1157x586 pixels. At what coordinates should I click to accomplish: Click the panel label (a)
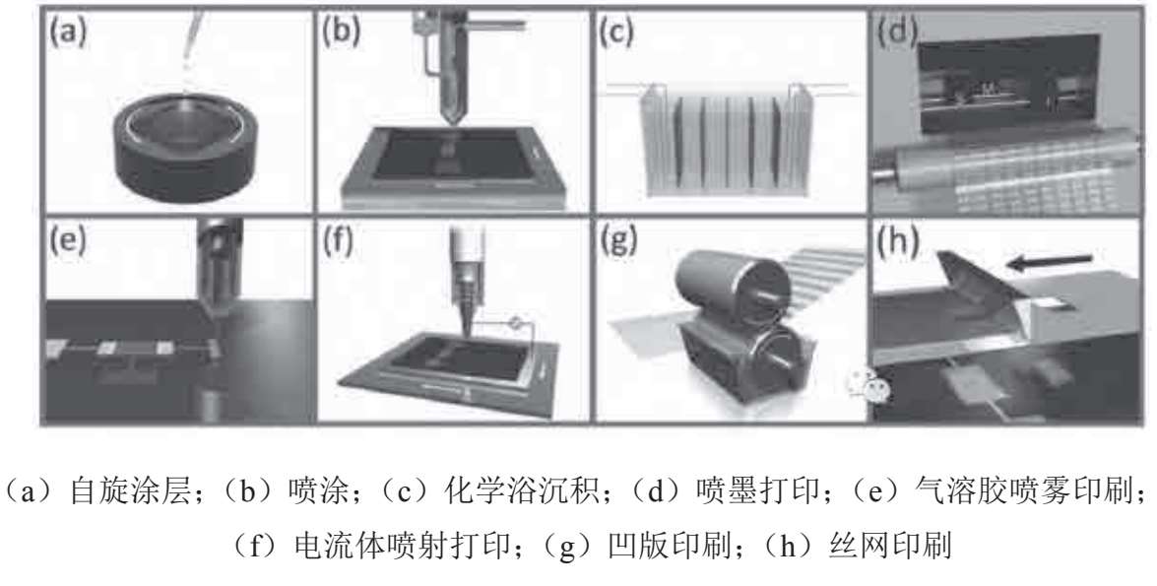tap(67, 33)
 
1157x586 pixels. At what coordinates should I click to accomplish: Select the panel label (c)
tap(616, 33)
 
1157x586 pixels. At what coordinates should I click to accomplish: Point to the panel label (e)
tap(67, 240)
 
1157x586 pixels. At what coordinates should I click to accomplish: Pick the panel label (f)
tap(340, 240)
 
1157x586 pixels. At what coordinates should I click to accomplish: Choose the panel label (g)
tap(618, 240)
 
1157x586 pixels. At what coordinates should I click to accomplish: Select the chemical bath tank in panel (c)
tap(727, 140)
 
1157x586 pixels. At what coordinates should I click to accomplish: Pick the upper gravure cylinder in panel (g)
tap(727, 291)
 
